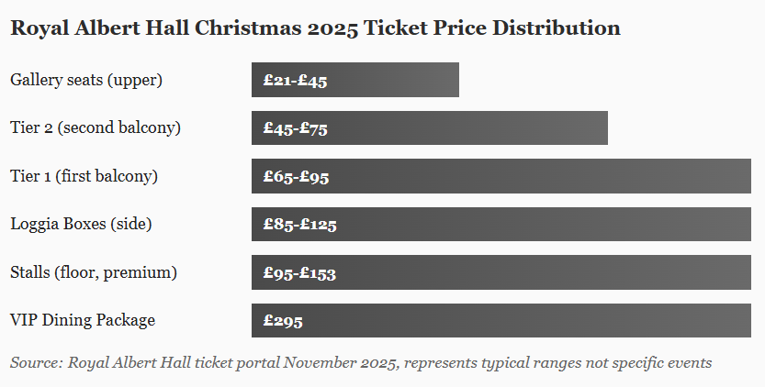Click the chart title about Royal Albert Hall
(x=315, y=28)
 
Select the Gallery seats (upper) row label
(x=86, y=80)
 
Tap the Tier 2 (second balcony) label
(x=96, y=127)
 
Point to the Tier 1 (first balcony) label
(x=84, y=176)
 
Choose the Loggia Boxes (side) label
(x=81, y=224)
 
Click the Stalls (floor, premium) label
(x=94, y=272)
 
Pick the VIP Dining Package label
(x=83, y=320)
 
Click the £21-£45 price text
(x=295, y=81)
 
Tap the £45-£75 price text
(x=295, y=129)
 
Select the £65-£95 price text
(x=296, y=177)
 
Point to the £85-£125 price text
(x=299, y=225)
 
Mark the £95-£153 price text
(x=299, y=273)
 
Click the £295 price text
(x=283, y=321)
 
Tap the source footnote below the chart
(x=361, y=363)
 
